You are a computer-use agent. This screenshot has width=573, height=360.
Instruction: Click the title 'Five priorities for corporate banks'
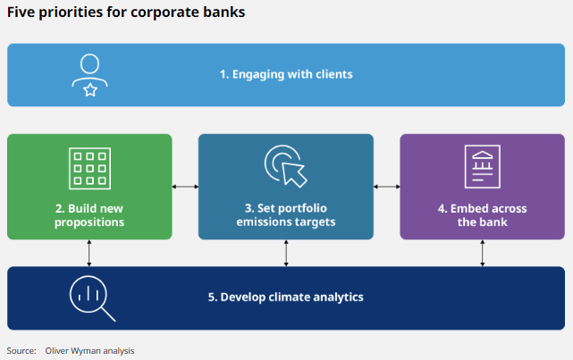click(126, 13)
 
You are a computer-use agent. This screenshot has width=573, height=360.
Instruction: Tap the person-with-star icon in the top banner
click(89, 75)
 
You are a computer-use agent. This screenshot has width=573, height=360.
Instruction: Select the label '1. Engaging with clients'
click(286, 74)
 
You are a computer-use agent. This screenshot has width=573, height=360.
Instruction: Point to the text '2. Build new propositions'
click(88, 214)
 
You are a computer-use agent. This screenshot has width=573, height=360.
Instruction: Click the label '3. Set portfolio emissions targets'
click(286, 214)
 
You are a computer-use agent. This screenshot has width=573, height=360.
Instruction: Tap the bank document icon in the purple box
click(482, 167)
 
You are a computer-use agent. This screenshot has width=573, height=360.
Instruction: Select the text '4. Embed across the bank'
click(482, 214)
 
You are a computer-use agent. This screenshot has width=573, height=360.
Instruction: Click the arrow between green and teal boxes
click(185, 187)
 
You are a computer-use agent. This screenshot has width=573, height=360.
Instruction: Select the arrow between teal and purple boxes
click(386, 187)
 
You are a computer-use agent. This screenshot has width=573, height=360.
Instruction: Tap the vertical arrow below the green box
click(88, 253)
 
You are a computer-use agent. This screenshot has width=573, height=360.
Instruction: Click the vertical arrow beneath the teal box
click(286, 253)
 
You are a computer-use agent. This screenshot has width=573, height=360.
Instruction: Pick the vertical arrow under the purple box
click(483, 253)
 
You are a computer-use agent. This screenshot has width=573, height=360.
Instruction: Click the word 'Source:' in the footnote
click(21, 350)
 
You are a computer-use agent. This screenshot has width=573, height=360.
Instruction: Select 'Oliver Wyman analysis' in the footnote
click(89, 350)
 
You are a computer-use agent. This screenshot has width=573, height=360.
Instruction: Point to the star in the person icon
click(89, 88)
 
